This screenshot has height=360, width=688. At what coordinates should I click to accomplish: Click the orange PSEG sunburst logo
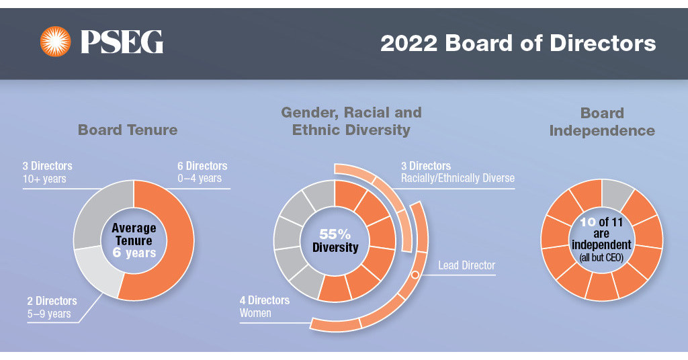(55, 42)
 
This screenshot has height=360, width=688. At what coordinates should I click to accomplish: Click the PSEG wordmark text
(122, 42)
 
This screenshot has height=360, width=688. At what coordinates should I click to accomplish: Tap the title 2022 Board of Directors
(517, 43)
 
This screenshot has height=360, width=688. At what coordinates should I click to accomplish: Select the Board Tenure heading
(128, 130)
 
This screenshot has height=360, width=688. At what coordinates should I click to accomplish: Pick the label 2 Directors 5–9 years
(50, 308)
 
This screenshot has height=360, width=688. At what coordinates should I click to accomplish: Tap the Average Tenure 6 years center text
(133, 240)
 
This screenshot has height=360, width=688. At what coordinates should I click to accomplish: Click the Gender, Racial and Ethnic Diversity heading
(351, 121)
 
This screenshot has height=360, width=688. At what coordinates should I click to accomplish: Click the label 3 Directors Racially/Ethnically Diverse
(457, 172)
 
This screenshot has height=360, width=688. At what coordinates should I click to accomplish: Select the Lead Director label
(466, 265)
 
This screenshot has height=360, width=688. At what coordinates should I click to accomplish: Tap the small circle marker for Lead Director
(415, 275)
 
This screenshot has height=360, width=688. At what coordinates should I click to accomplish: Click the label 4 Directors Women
(264, 306)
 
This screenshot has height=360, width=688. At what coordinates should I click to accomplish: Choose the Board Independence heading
(602, 122)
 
